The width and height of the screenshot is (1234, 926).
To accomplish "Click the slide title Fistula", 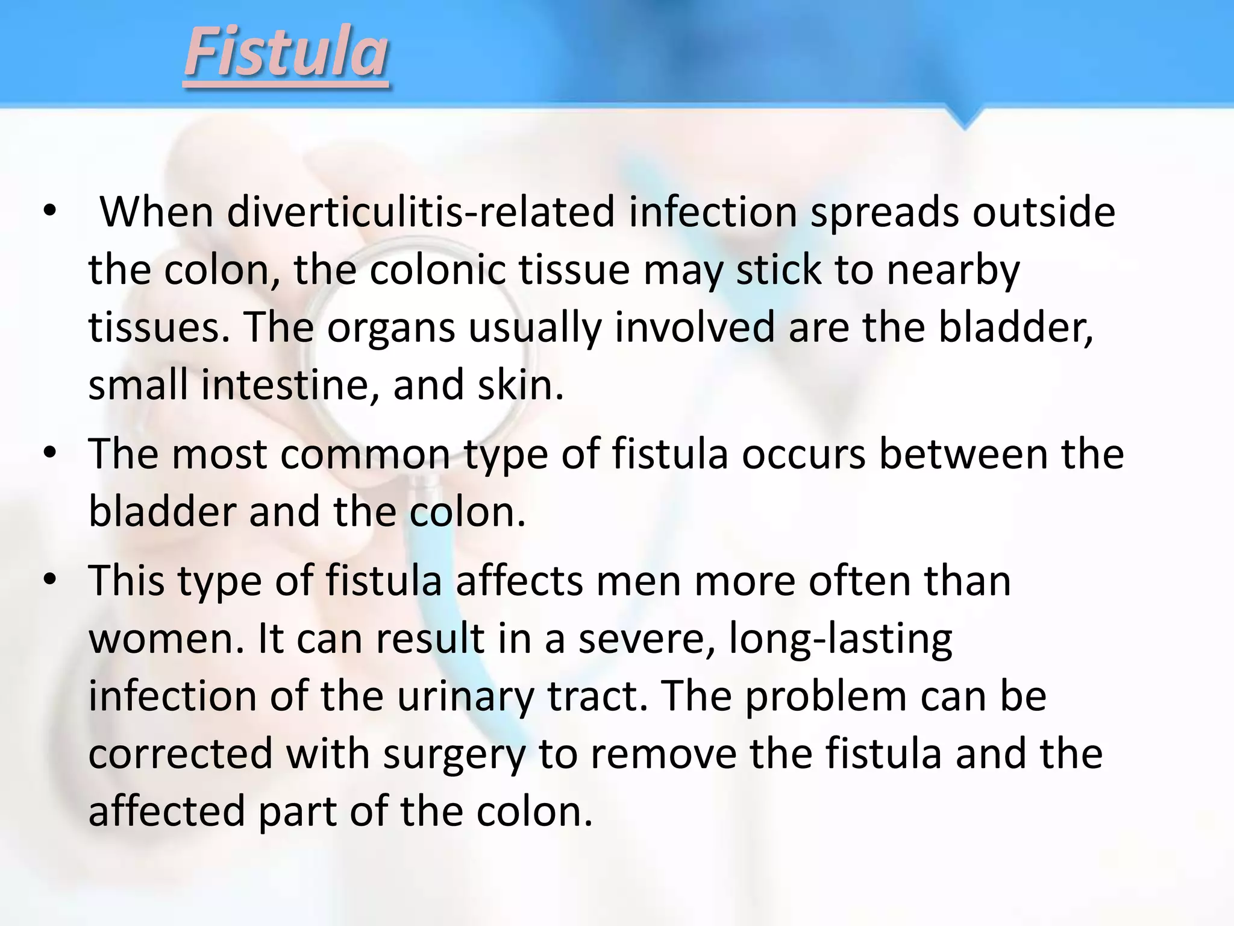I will [x=286, y=54].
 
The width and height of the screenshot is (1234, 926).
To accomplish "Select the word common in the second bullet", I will [x=365, y=454].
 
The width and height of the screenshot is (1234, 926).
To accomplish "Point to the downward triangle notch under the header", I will [x=965, y=118].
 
